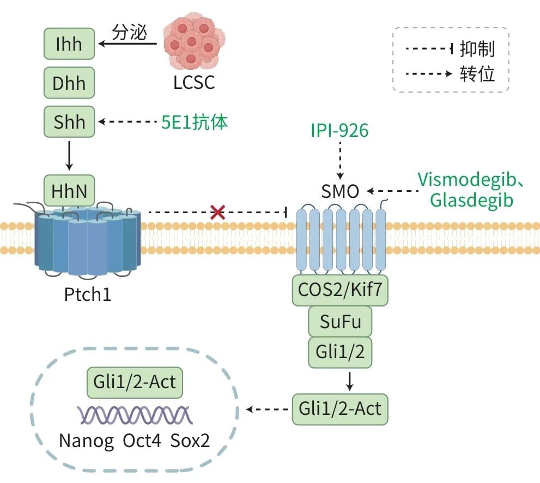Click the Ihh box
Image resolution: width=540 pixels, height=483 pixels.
(69, 44)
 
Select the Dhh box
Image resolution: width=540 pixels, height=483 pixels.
(69, 83)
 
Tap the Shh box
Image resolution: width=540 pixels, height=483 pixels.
(69, 122)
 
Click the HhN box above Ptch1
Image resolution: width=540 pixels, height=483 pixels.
(69, 191)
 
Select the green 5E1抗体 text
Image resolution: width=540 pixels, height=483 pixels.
(195, 122)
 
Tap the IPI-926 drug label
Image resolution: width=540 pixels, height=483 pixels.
(339, 130)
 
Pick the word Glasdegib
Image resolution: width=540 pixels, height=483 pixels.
(472, 200)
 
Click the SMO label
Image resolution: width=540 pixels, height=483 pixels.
(340, 191)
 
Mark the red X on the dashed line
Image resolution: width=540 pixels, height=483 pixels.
(217, 212)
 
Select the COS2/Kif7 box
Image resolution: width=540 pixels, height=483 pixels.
(340, 290)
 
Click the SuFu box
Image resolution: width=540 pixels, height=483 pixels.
(340, 322)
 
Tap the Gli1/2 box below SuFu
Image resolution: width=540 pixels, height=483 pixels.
(340, 352)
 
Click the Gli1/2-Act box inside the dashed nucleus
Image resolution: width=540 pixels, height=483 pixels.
(135, 382)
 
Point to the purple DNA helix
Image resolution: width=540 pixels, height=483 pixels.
(135, 414)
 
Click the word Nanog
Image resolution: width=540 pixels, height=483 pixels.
(86, 441)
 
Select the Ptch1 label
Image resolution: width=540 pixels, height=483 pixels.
(88, 294)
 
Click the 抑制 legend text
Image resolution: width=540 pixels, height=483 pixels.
(477, 49)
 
